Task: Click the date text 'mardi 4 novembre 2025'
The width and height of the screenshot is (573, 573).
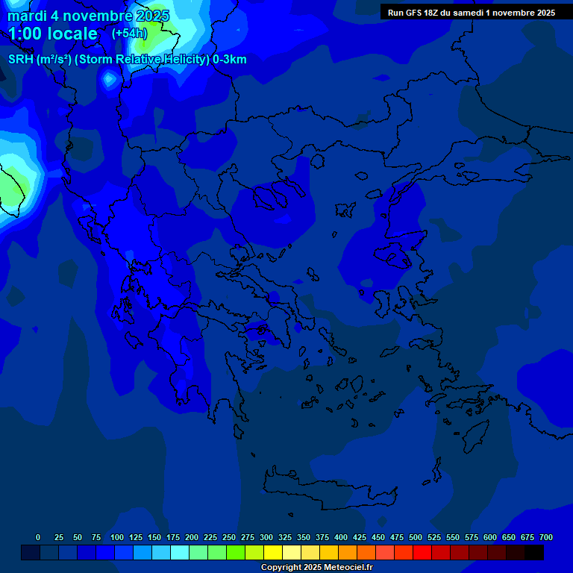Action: [x=88, y=16]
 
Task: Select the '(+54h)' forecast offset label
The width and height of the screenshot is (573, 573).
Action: [x=129, y=34]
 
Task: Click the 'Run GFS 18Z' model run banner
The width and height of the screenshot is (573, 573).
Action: [x=471, y=13]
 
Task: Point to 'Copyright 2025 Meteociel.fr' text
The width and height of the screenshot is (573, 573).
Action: [x=316, y=567]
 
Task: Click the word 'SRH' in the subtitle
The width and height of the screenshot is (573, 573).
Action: [x=20, y=60]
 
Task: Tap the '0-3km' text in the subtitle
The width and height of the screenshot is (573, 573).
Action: [x=230, y=60]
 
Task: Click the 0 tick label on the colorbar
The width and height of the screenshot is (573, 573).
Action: [x=38, y=537]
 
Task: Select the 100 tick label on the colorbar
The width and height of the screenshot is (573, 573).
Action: [x=117, y=537]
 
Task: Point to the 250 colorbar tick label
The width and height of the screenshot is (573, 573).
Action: [x=229, y=537]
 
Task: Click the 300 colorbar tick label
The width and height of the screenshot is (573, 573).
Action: [x=266, y=537]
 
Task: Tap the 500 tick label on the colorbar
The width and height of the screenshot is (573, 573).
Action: [x=416, y=537]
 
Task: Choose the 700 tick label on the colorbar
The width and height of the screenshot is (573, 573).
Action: [x=545, y=537]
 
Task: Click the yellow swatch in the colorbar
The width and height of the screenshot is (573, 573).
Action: [x=273, y=553]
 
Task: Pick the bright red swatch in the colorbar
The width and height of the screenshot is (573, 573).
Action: [x=422, y=553]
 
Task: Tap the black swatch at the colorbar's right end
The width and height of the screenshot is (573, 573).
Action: [x=534, y=553]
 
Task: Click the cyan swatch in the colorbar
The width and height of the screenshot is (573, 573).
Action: [x=180, y=553]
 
